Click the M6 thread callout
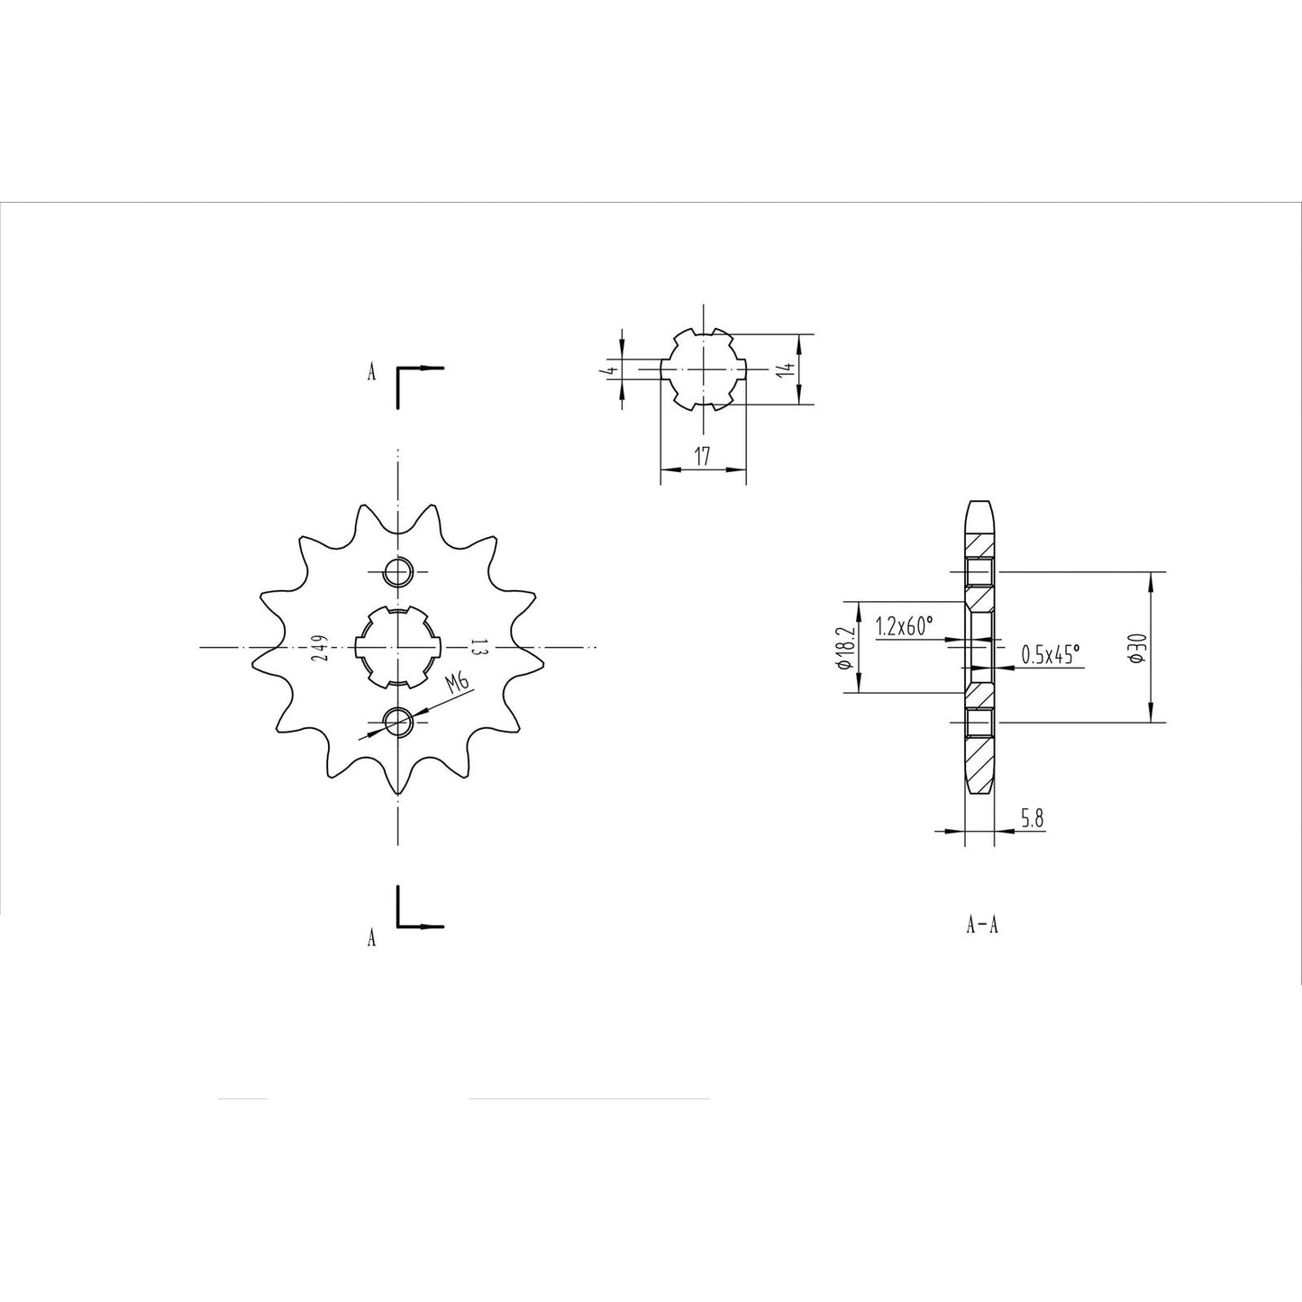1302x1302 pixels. [459, 684]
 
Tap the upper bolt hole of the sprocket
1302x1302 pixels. [397, 570]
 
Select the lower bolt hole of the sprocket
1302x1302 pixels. [397, 720]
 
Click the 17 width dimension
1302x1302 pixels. [703, 456]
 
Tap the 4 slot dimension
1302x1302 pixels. [610, 369]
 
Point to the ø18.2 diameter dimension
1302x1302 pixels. [843, 648]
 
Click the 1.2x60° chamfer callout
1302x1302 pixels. [905, 626]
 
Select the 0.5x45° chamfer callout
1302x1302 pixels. [1051, 654]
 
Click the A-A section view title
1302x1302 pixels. [981, 925]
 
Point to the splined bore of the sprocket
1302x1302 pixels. [397, 647]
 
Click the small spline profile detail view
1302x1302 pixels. [704, 369]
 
